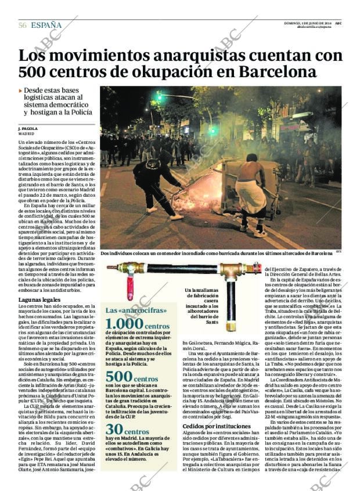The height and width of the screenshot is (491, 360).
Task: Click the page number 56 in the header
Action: (x=23, y=24)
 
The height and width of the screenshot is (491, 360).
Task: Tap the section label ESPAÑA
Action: (x=47, y=24)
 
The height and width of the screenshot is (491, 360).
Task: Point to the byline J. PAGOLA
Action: (x=28, y=128)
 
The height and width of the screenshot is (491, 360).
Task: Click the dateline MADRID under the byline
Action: (x=26, y=133)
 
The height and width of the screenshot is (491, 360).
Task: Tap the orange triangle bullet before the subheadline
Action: (x=20, y=91)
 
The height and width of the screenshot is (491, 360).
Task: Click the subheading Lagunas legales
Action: (x=39, y=299)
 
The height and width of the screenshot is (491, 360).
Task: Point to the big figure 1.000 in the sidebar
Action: (x=124, y=324)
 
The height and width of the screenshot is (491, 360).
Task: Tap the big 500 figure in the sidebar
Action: (x=119, y=377)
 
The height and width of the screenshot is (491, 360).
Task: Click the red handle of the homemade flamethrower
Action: (x=130, y=287)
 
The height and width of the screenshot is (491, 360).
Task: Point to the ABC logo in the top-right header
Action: (x=337, y=23)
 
